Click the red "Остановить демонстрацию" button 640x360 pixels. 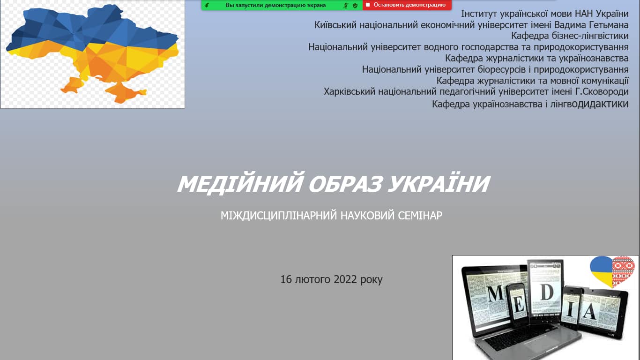pos(407,5)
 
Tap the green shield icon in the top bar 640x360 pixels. pos(355,5)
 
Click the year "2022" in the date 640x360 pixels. pos(345,279)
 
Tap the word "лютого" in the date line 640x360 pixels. pos(313,279)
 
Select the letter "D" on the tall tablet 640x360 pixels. pos(546,292)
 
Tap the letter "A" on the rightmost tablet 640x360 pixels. pos(589,311)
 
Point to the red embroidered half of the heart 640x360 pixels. pos(623,271)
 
